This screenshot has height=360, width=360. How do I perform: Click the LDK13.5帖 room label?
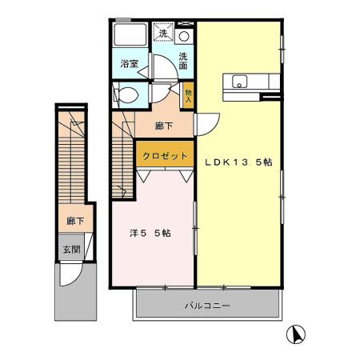click(238, 161)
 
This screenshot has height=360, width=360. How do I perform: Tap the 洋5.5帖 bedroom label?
click(150, 234)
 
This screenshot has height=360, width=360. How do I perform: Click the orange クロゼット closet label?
click(166, 156)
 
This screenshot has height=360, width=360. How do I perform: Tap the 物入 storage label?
click(188, 95)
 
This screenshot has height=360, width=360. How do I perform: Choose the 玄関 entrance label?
click(71, 250)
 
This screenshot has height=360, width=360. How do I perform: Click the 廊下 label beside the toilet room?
click(165, 125)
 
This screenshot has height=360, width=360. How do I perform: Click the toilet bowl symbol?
click(128, 95)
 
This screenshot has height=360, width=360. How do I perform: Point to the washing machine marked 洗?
click(164, 34)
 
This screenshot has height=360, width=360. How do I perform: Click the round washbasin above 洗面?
click(184, 36)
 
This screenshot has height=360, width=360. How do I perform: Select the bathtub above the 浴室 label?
click(130, 36)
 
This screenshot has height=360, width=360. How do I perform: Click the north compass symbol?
click(295, 335)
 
